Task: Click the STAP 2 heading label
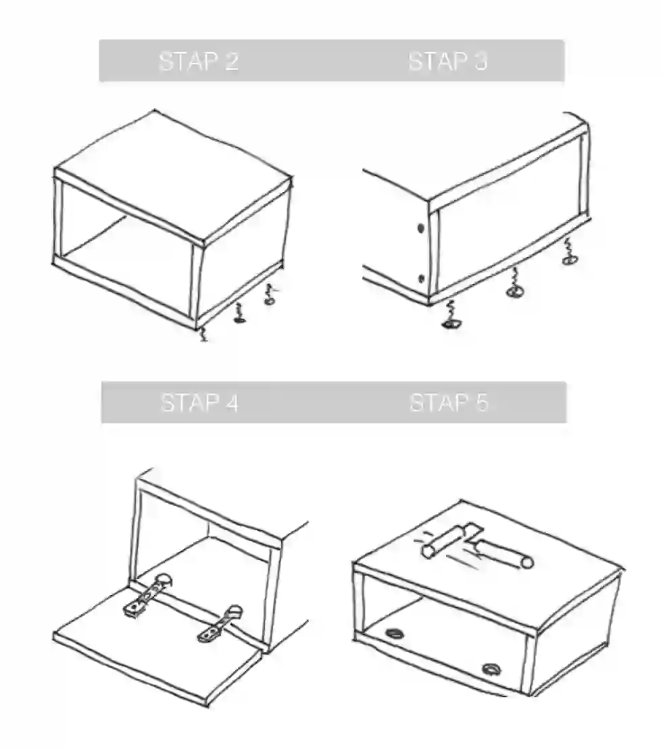pyautogui.click(x=199, y=62)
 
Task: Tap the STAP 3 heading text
pyautogui.click(x=448, y=62)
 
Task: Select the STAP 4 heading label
pyautogui.click(x=199, y=402)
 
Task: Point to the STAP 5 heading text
pyautogui.click(x=449, y=402)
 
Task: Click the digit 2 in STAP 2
pyautogui.click(x=232, y=62)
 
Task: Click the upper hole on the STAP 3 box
pyautogui.click(x=420, y=229)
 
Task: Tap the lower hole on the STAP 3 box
pyautogui.click(x=421, y=279)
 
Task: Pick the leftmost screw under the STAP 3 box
pyautogui.click(x=451, y=317)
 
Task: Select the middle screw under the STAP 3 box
pyautogui.click(x=514, y=283)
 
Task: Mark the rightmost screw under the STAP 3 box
pyautogui.click(x=569, y=252)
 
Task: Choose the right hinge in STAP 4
pyautogui.click(x=220, y=624)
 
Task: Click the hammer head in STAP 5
pyautogui.click(x=451, y=538)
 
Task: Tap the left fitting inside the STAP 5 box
pyautogui.click(x=395, y=634)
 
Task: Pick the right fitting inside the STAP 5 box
pyautogui.click(x=491, y=669)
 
